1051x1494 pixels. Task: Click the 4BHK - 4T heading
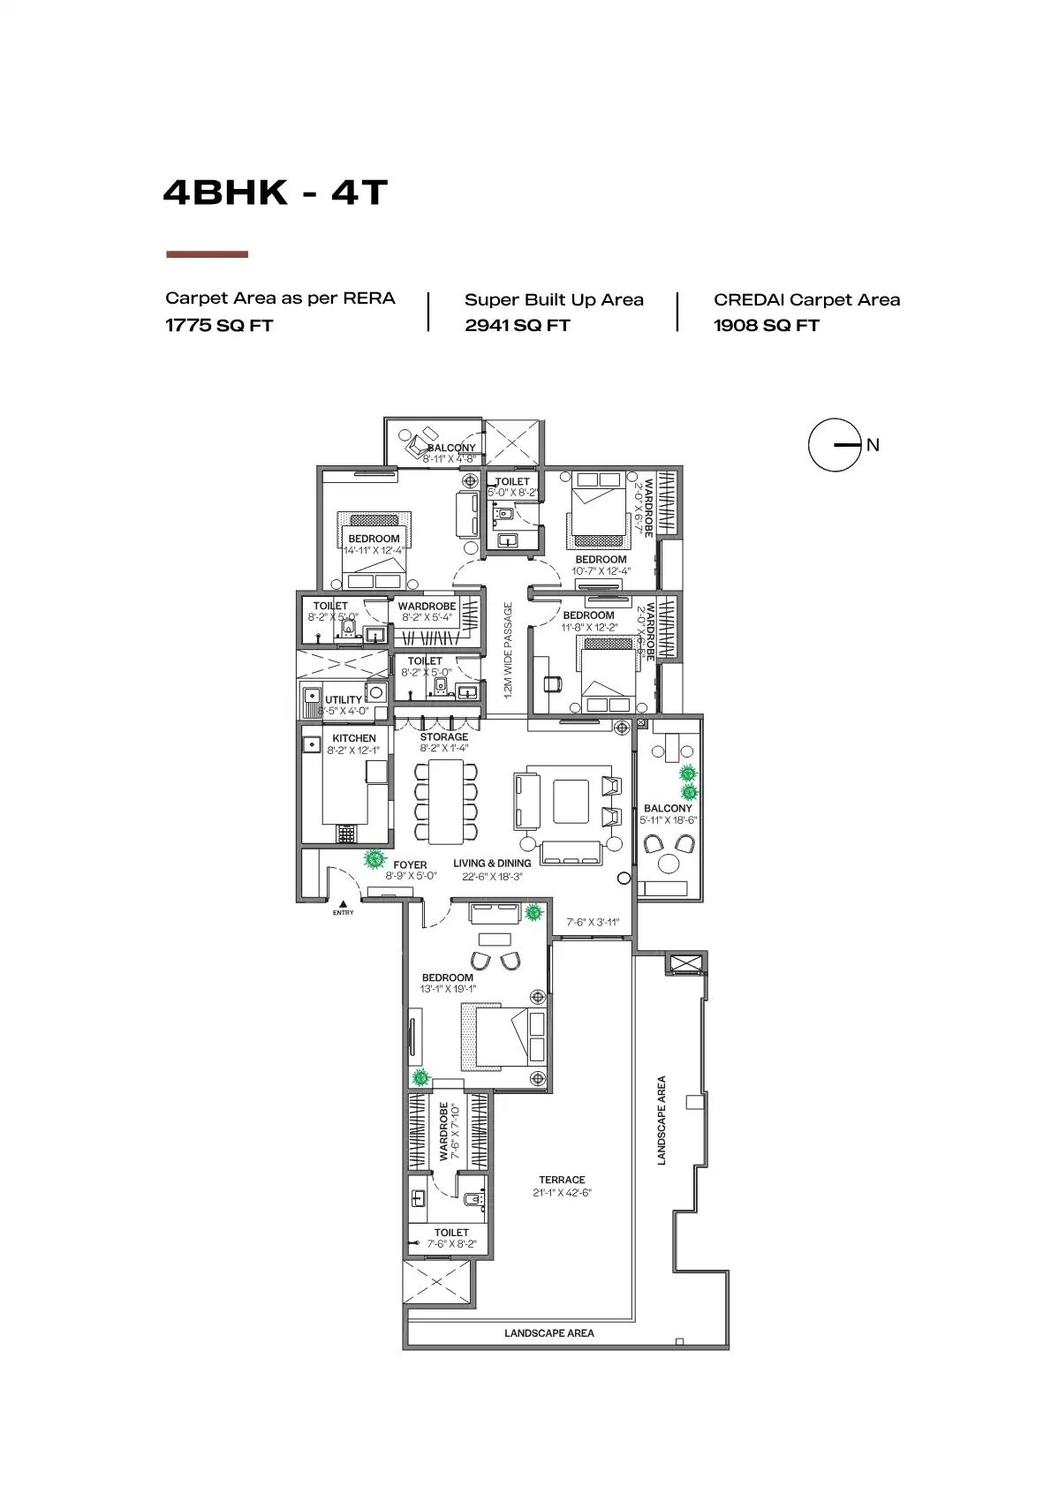coord(276,192)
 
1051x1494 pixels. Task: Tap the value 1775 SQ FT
coord(219,326)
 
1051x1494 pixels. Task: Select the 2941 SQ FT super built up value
coord(518,326)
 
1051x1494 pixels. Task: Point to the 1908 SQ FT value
coord(767,326)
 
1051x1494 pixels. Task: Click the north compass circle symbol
coord(834,445)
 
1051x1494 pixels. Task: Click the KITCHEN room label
coord(354,738)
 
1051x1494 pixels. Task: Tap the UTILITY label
coord(344,699)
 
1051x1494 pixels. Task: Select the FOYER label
coord(410,865)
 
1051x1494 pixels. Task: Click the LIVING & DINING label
coord(492,864)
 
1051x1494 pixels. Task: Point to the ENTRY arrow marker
coord(343,903)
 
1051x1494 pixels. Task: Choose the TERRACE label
coord(562,1180)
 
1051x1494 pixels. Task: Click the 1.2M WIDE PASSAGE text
coord(508,651)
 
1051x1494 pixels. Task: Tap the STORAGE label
coord(444,736)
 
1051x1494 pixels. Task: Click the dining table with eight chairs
coord(446,802)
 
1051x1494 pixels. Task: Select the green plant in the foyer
coord(375,858)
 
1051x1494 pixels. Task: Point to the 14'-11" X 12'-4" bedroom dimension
coord(374,550)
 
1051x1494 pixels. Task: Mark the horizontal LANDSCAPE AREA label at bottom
coord(549,1333)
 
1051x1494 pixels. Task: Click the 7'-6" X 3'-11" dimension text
coord(593,923)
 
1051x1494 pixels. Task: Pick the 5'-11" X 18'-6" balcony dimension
coord(669,820)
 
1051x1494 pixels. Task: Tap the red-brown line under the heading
coord(208,254)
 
